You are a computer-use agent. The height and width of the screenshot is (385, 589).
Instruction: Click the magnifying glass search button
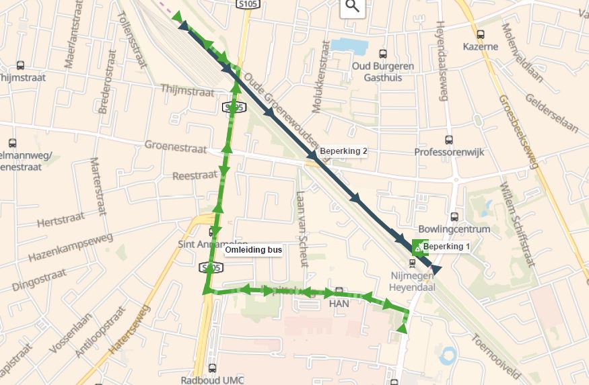(352, 7)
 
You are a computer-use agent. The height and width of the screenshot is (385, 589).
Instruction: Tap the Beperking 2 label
(343, 151)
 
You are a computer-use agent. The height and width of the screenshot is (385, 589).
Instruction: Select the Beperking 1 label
(446, 247)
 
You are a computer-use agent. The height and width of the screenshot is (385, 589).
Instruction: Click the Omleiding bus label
(253, 250)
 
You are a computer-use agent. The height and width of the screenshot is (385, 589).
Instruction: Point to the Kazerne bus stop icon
(481, 35)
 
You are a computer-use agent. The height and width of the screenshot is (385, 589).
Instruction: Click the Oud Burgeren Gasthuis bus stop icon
(383, 54)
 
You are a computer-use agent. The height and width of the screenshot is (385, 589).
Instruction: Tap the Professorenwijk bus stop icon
(449, 140)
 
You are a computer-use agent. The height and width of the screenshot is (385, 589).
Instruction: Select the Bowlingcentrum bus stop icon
(454, 216)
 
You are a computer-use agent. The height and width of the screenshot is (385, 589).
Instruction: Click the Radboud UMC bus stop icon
(213, 368)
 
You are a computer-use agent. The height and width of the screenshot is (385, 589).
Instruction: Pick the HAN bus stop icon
(339, 292)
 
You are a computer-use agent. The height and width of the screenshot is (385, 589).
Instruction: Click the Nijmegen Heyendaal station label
(413, 282)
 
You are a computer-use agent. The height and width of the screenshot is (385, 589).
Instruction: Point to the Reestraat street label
(193, 175)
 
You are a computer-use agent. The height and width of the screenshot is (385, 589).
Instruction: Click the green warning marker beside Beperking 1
(419, 248)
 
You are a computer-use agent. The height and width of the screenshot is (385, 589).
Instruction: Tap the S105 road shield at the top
(246, 5)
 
